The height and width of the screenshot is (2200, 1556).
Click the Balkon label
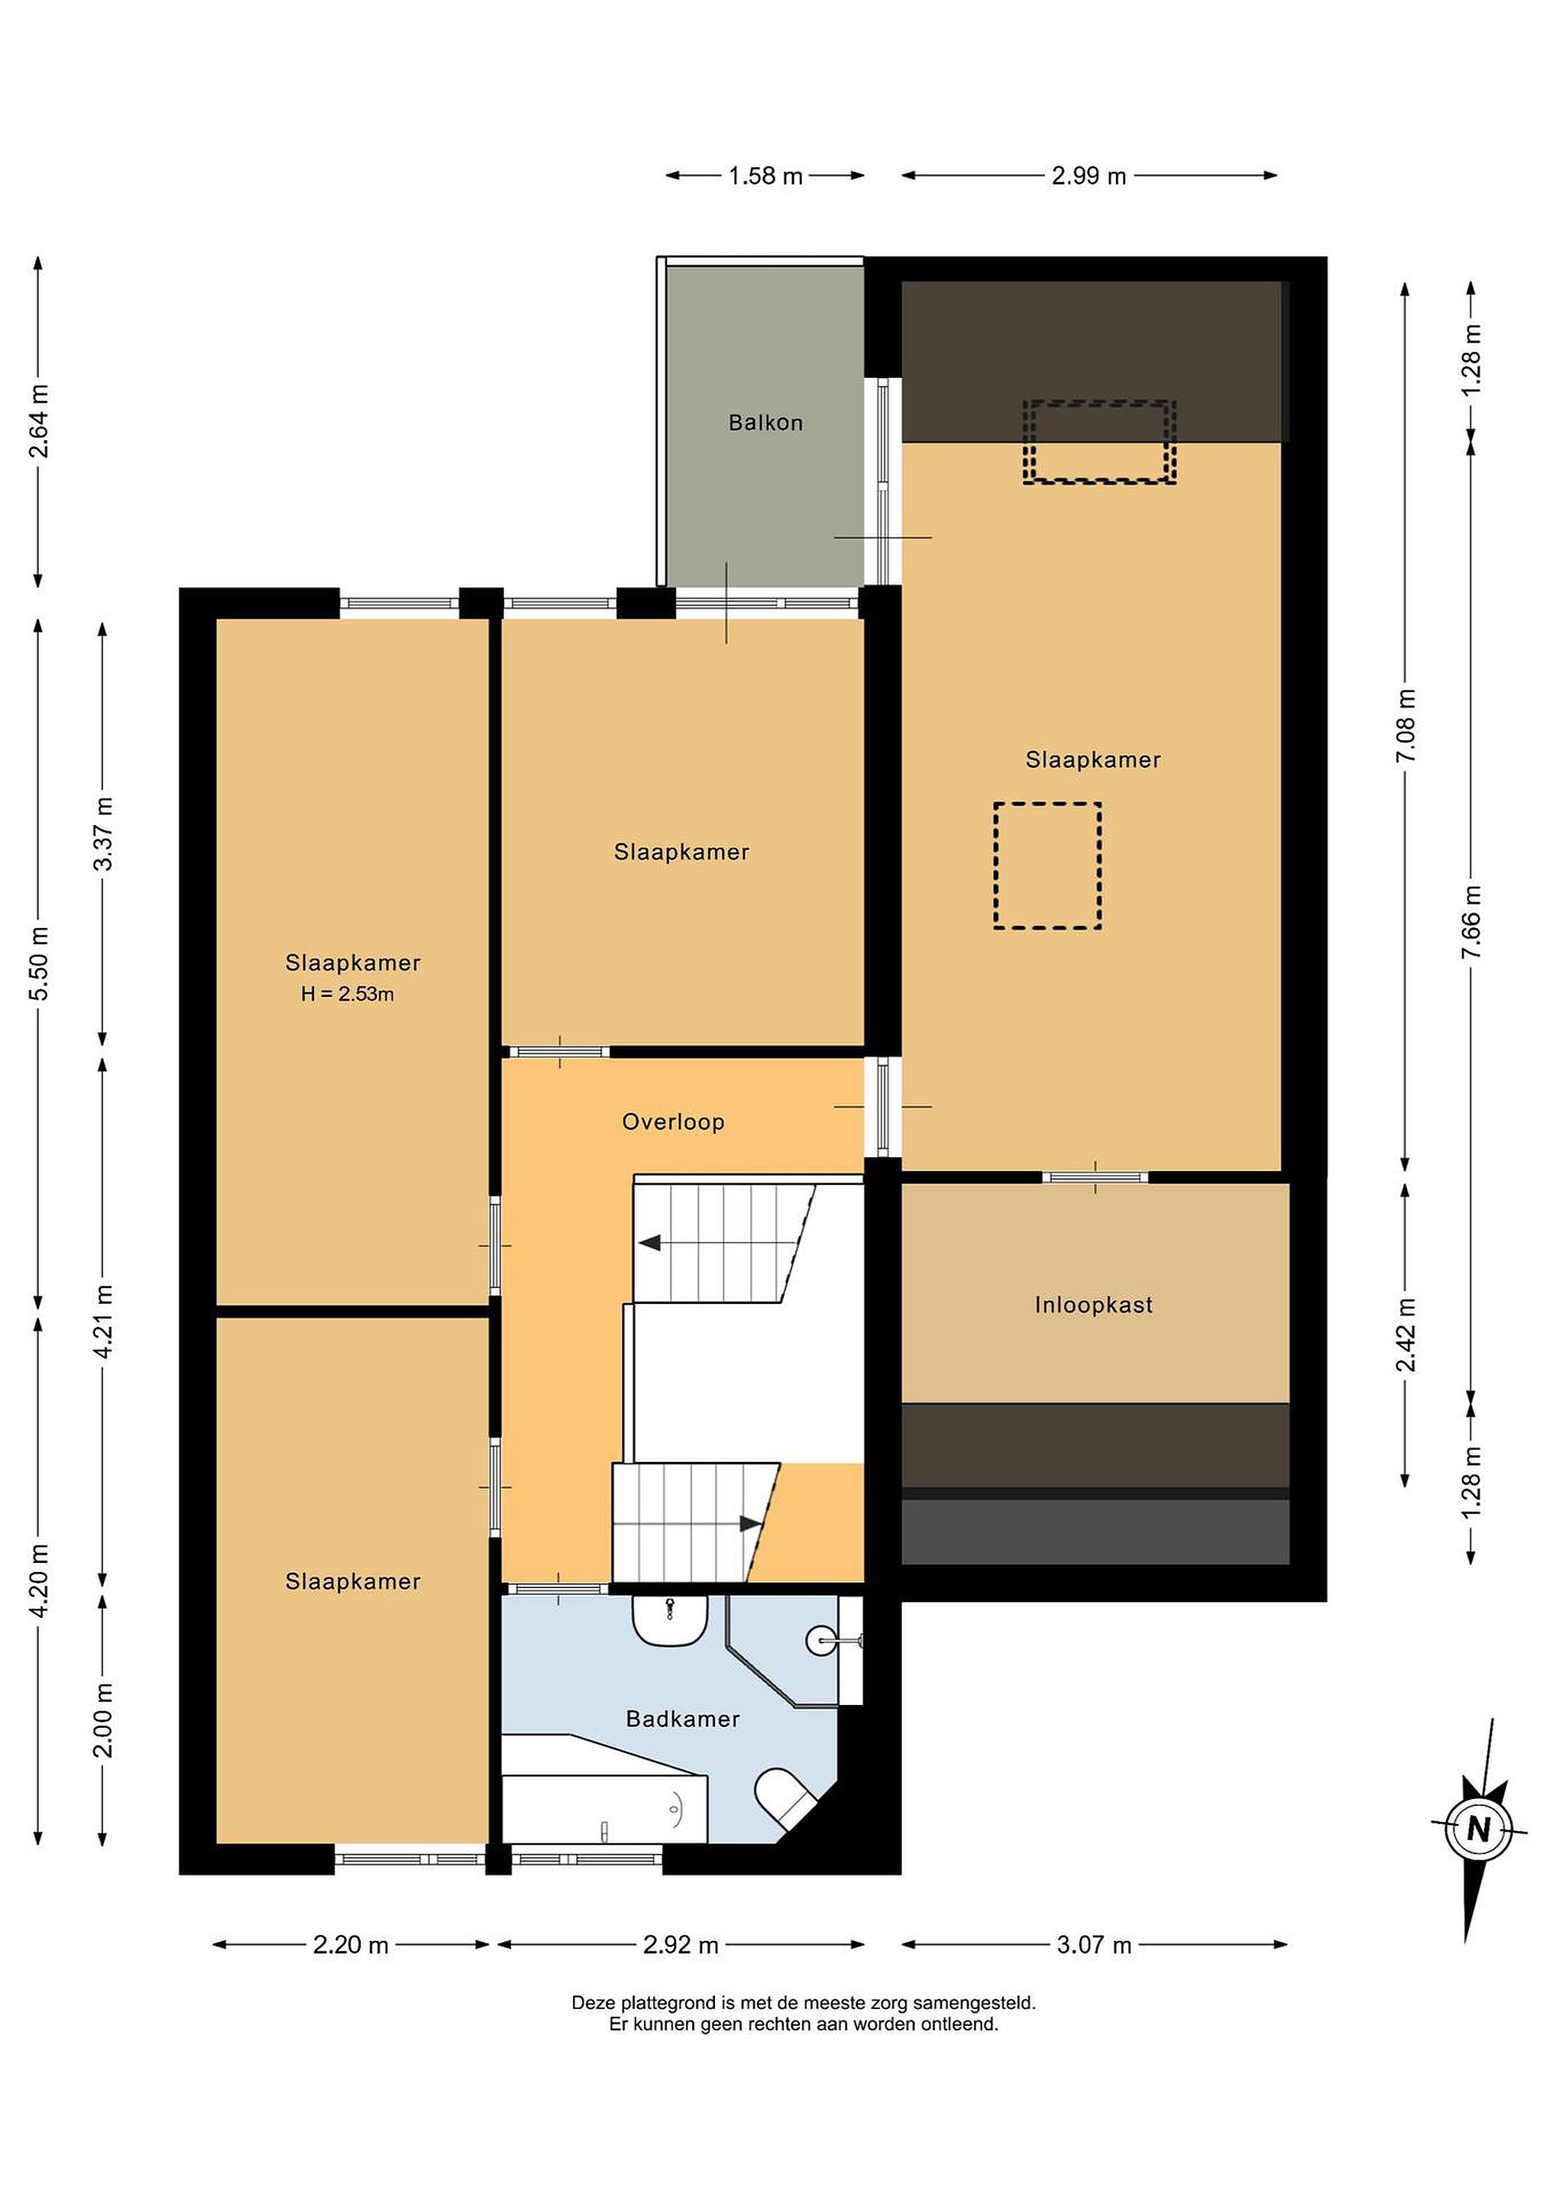[x=765, y=422]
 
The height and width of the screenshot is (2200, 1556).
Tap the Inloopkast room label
[x=1093, y=1305]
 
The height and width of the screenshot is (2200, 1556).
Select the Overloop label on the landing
[x=673, y=1122]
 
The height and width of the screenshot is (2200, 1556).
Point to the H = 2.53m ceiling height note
[x=347, y=995]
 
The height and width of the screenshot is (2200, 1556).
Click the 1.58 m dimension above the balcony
[x=765, y=176]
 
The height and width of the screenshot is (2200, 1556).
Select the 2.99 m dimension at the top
[x=1089, y=176]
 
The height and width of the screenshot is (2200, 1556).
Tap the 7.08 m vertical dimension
[x=1406, y=726]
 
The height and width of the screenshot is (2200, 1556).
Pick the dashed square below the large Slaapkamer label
[x=1047, y=865]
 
